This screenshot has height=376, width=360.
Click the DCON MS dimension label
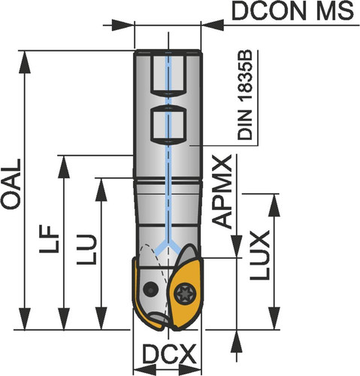[292, 11]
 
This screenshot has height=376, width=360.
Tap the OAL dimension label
[11, 183]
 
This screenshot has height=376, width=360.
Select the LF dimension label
[49, 239]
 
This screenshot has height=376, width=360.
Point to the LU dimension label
[86, 250]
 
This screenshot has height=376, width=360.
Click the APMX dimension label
[222, 192]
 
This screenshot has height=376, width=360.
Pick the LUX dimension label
[260, 255]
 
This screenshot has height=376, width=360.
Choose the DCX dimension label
[169, 353]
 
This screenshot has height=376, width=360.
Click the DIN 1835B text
[245, 96]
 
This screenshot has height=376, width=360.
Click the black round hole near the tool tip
[150, 289]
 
